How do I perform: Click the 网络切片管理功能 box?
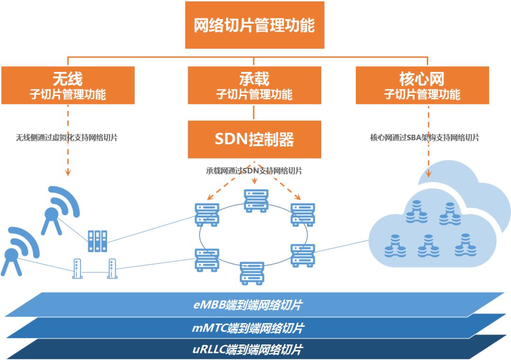tap(255, 25)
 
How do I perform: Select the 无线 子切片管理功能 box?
tap(68, 85)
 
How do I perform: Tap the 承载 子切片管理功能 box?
tap(254, 85)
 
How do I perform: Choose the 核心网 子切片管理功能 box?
tap(422, 85)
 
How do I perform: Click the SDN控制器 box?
tap(254, 139)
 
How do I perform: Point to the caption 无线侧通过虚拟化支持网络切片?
tap(67, 138)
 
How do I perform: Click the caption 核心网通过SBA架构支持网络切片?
tap(424, 138)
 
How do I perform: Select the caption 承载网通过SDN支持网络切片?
tap(254, 171)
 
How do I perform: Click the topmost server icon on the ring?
tap(256, 200)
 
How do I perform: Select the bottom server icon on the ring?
tap(251, 273)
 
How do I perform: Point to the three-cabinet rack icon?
tap(97, 241)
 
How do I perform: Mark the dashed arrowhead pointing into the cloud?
tap(429, 174)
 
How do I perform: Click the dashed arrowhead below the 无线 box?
tap(68, 173)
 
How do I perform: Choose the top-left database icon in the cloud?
tap(416, 211)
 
